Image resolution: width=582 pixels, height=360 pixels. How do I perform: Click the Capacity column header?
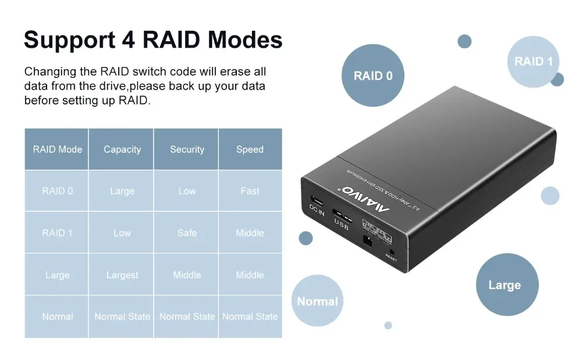122,149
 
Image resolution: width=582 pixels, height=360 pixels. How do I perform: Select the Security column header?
187,149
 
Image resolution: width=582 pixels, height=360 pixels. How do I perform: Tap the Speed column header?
250,149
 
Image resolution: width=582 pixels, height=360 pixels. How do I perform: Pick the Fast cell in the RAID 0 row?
250,191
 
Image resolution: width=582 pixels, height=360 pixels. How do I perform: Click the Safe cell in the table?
187,233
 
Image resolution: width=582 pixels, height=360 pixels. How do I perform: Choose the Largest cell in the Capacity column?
122,275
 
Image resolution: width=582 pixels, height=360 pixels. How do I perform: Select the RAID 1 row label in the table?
57,233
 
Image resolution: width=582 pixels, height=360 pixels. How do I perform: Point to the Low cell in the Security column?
187,191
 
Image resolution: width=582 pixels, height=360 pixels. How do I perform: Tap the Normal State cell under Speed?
250,316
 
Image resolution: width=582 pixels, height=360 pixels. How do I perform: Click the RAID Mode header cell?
57,149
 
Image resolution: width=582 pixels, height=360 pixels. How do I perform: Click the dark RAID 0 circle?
373,76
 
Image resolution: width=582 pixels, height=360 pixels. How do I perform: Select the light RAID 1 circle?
533,62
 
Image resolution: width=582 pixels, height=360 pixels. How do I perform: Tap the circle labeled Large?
504,285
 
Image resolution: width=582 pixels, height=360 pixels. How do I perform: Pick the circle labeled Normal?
317,301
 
